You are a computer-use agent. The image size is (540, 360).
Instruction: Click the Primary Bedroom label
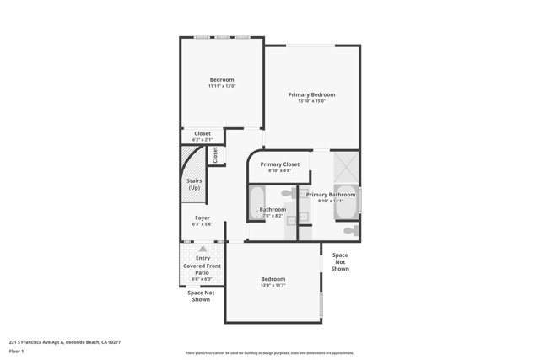[311, 94]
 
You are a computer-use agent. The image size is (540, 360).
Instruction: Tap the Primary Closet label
[279, 164]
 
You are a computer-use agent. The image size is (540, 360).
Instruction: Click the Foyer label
[202, 218]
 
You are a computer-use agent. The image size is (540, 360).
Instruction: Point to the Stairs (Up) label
[194, 184]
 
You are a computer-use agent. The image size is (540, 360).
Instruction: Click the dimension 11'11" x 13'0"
[222, 86]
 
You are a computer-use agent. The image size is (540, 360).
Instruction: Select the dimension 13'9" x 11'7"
[273, 285]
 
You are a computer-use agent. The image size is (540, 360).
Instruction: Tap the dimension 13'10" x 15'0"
[311, 101]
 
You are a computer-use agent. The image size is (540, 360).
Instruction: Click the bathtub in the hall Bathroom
[257, 203]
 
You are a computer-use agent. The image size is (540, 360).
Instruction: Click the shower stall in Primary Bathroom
[346, 166]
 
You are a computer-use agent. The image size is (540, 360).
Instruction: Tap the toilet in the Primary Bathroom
[350, 230]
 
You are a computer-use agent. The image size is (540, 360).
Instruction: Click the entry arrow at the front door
[202, 249]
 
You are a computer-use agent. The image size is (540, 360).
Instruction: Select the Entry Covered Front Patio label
[202, 266]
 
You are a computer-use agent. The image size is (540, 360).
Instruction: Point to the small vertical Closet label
[215, 155]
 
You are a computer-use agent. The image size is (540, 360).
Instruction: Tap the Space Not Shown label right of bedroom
[340, 261]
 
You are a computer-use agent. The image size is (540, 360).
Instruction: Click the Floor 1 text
[17, 351]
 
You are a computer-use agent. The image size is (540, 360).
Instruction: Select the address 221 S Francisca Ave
[64, 342]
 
